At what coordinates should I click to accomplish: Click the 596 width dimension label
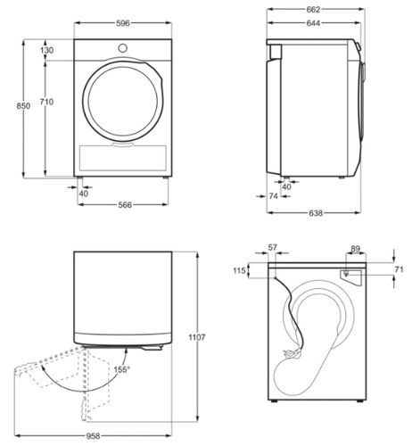(x=123, y=23)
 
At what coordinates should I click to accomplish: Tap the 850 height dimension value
(x=23, y=106)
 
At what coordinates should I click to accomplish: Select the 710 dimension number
(x=46, y=102)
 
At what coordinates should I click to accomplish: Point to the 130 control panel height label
(x=47, y=50)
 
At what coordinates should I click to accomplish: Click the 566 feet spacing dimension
(x=125, y=205)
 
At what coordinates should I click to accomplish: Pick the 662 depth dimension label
(x=313, y=10)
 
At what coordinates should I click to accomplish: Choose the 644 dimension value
(x=313, y=23)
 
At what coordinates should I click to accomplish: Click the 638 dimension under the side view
(x=316, y=213)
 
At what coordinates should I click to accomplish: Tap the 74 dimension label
(x=273, y=196)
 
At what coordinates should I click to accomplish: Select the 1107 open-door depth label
(x=197, y=337)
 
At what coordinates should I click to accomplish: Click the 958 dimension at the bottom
(x=93, y=436)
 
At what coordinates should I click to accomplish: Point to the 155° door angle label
(x=122, y=369)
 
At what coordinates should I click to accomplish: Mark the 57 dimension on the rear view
(x=273, y=247)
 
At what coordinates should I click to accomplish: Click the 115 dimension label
(x=239, y=270)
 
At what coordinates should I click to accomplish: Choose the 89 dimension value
(x=356, y=249)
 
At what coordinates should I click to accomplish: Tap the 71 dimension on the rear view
(x=399, y=269)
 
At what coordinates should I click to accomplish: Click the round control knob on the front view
(x=122, y=48)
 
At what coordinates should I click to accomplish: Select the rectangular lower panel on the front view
(x=123, y=158)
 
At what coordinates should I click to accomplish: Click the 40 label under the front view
(x=84, y=194)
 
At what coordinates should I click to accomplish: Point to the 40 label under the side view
(x=286, y=186)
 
